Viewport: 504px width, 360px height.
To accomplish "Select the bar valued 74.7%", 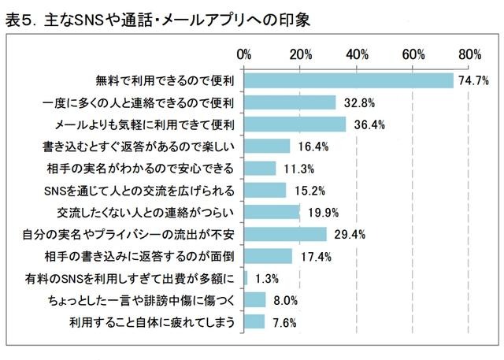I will click(x=349, y=80).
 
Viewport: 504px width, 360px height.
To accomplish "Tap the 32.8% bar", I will click(x=290, y=102).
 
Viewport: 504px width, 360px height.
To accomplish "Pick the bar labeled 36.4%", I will click(x=295, y=124).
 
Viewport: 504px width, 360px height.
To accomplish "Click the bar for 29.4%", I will click(x=285, y=234).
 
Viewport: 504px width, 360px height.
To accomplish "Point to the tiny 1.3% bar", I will click(x=246, y=277).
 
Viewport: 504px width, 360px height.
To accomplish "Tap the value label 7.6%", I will click(x=281, y=322).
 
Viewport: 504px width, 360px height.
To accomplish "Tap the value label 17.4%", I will click(x=312, y=256).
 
